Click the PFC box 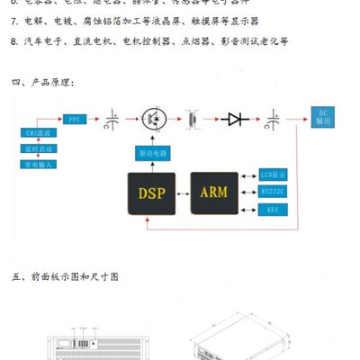[x=75, y=119]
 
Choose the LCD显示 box [x=272, y=173]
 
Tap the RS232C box [x=272, y=191]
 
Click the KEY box [x=272, y=210]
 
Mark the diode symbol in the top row [x=238, y=119]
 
